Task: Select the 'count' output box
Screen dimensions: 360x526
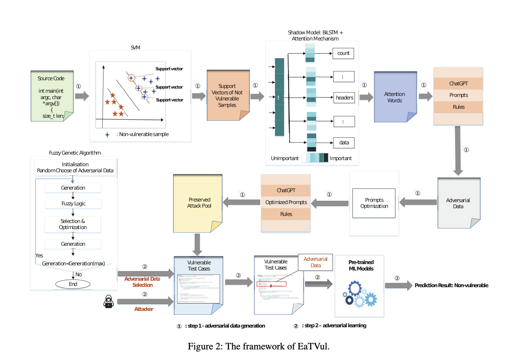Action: [343, 53]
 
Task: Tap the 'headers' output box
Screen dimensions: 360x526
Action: [344, 98]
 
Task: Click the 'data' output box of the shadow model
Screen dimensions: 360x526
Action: [344, 143]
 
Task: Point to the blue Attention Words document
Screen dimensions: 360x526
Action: [395, 97]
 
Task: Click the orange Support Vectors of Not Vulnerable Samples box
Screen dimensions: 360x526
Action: [227, 95]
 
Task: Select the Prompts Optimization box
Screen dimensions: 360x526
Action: [374, 203]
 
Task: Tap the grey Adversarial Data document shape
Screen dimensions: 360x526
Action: [458, 203]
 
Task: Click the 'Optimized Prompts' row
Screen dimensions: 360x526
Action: [286, 202]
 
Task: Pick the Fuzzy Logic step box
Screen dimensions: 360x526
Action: [73, 203]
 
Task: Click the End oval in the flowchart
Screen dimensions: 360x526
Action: [73, 284]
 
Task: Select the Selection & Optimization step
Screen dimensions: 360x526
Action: [73, 224]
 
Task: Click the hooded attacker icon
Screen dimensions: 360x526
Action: [109, 302]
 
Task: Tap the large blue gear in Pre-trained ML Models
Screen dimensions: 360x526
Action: [355, 288]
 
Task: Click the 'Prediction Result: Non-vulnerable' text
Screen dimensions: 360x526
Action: [451, 285]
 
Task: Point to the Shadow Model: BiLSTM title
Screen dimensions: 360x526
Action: [315, 35]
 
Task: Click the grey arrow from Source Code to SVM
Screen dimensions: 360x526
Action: [82, 96]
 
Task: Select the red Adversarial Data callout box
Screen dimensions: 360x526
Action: [315, 262]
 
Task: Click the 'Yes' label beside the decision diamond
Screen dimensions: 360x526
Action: [39, 255]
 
